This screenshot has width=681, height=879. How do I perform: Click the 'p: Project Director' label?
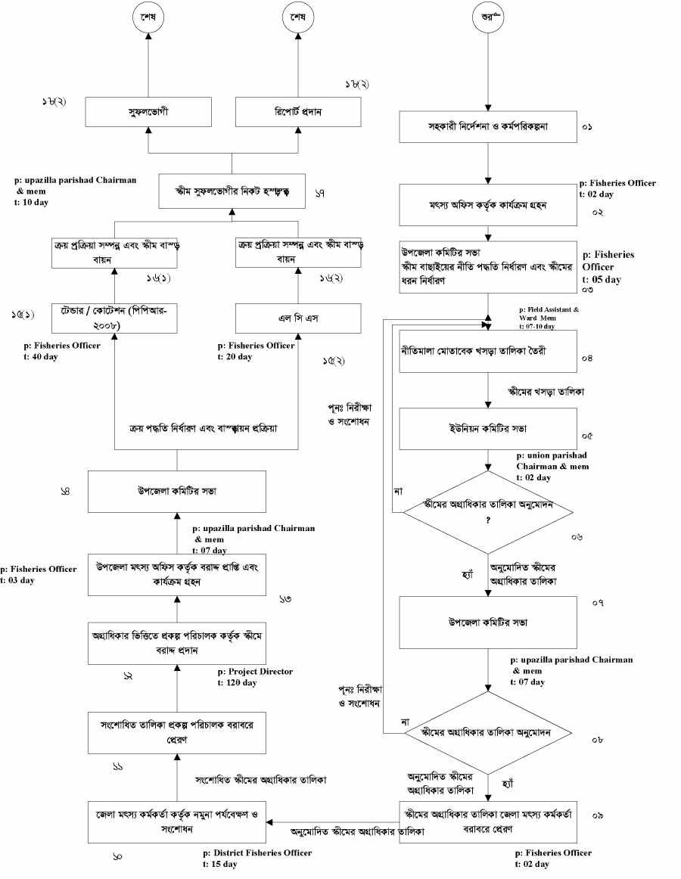pos(254,672)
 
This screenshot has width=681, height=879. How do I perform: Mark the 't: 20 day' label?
pos(235,357)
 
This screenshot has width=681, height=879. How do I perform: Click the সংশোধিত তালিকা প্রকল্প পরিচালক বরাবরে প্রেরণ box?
pos(176,733)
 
